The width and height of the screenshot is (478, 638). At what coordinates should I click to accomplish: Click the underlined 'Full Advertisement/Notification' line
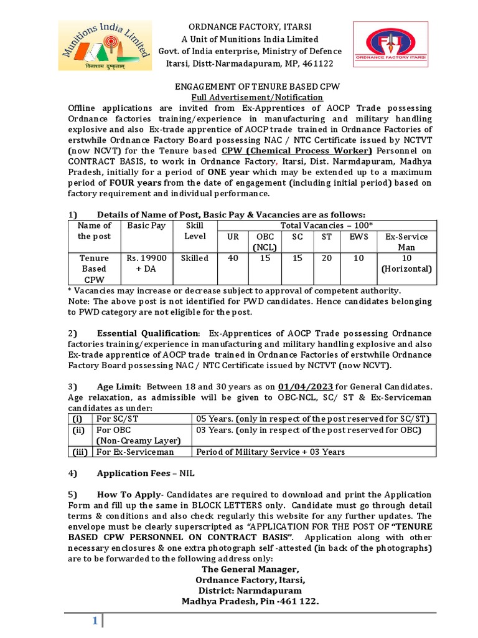point(256,98)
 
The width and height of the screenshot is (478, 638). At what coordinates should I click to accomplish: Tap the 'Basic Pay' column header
point(146,226)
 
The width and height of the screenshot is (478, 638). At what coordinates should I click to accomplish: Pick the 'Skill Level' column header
point(195,231)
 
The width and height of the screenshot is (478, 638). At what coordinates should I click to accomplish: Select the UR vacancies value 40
point(233,258)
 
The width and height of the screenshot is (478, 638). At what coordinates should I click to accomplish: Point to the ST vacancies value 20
point(327,258)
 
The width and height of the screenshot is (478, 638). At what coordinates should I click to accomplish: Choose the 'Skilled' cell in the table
point(195,258)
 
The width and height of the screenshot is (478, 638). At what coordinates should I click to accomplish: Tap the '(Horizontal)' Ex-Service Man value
point(406,269)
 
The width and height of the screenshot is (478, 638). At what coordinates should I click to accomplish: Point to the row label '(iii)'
point(79,452)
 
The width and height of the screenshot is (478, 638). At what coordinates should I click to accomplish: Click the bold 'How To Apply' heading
point(128,495)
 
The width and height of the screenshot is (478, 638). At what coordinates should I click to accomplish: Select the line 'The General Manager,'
point(250,569)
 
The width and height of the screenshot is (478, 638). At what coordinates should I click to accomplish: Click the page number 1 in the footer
point(95,621)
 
